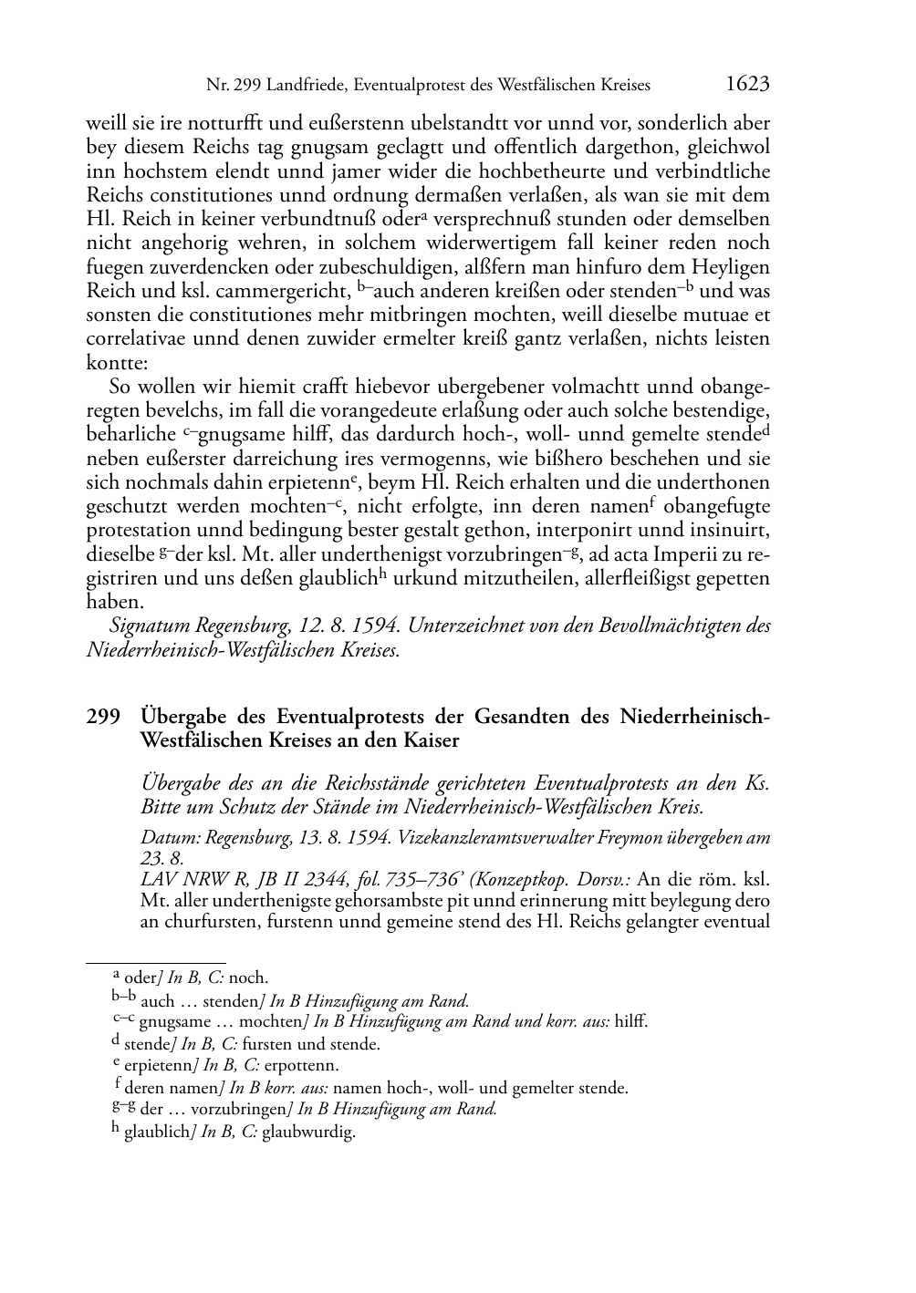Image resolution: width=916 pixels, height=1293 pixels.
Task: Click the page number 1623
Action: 748,85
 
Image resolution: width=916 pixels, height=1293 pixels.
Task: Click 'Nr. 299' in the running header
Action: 229,86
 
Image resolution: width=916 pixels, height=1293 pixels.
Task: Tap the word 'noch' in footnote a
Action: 248,978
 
